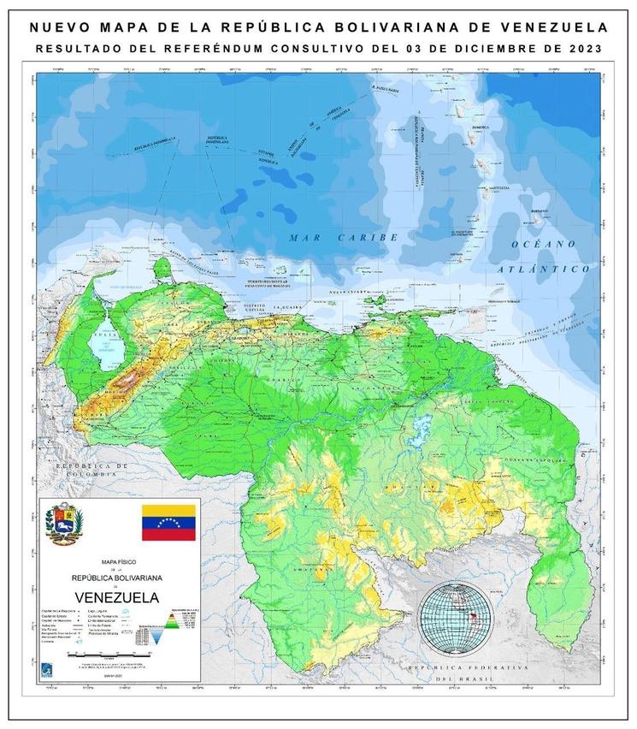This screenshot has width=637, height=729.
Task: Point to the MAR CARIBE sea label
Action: [343, 237]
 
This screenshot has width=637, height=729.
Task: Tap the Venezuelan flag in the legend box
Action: [168, 522]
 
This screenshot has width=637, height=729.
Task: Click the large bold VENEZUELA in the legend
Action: [115, 596]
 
